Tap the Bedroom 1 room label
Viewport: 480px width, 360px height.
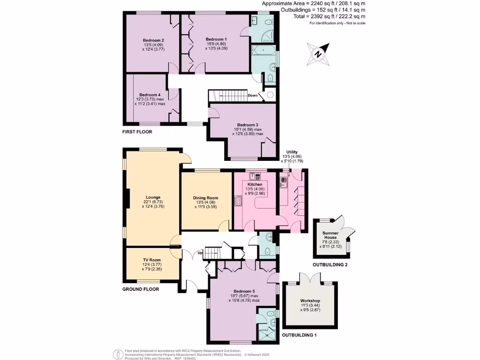tap(216, 39)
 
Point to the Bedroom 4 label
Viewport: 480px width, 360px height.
tap(150, 94)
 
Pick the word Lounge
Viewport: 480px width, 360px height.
tap(153, 197)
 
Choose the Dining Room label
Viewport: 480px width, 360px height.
tap(206, 198)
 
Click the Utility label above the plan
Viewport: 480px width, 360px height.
tap(292, 152)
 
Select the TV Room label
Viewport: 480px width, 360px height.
tap(152, 260)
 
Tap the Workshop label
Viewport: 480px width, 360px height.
tap(310, 300)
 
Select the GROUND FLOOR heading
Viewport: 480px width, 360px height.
tap(141, 289)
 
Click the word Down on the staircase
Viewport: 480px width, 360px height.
tap(252, 95)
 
